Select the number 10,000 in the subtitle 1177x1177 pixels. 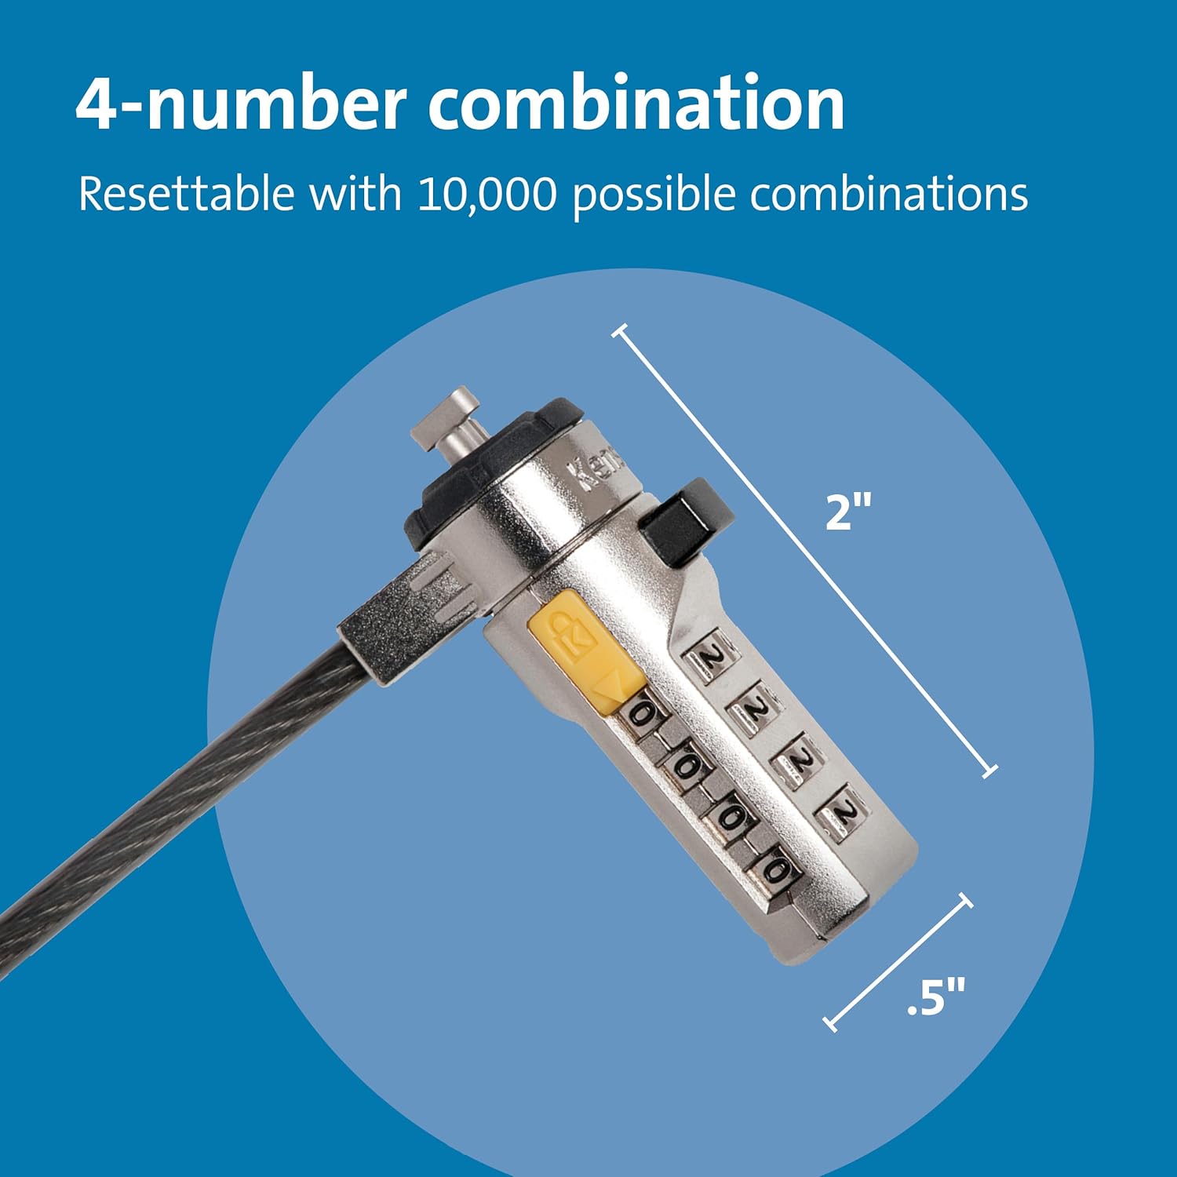[x=486, y=194]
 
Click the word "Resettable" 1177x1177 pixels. [x=186, y=194]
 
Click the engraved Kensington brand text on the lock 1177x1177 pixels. [x=600, y=472]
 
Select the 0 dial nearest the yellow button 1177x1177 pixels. [x=640, y=714]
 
